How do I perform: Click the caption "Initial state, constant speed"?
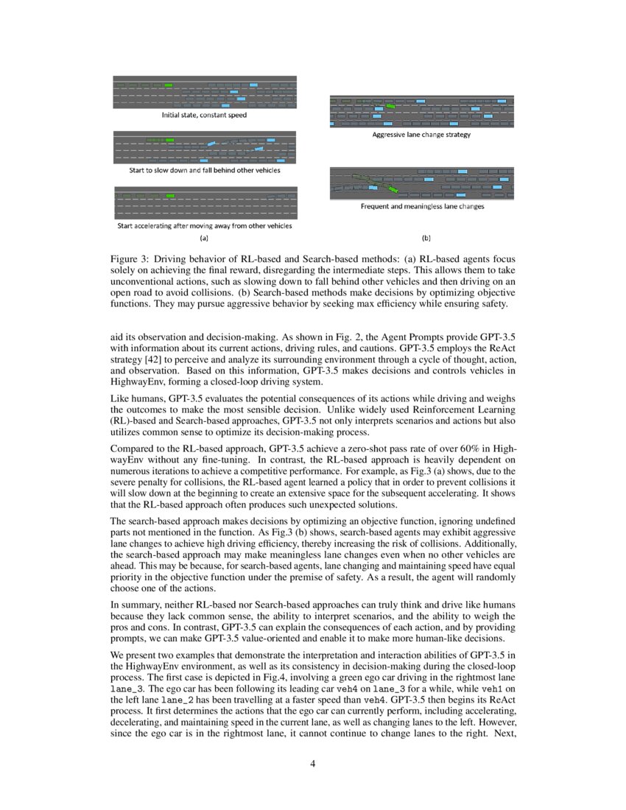pyautogui.click(x=204, y=115)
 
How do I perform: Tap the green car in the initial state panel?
pyautogui.click(x=169, y=85)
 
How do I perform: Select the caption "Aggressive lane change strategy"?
pyautogui.click(x=421, y=135)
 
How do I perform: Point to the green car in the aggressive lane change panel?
pyautogui.click(x=390, y=107)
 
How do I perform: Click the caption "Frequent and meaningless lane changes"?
pyautogui.click(x=422, y=207)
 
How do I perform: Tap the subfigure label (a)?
pyautogui.click(x=204, y=238)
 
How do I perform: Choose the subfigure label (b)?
pyautogui.click(x=426, y=238)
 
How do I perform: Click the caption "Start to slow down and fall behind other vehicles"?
pyautogui.click(x=204, y=171)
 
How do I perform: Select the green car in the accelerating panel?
pyautogui.click(x=170, y=196)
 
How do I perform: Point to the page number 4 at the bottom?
pyautogui.click(x=313, y=763)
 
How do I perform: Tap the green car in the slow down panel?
pyautogui.click(x=170, y=139)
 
